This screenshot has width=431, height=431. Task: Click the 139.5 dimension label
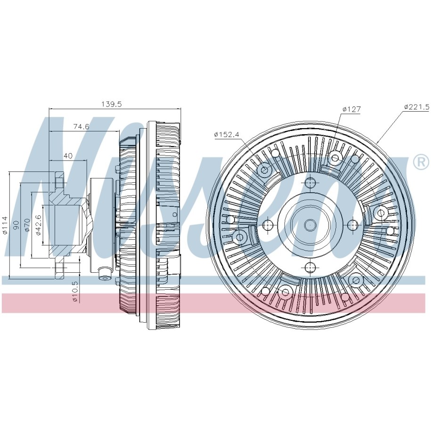tap(111, 104)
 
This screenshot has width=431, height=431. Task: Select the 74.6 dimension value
tap(81, 127)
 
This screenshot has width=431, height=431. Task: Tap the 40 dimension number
tap(68, 156)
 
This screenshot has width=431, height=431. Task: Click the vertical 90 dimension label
tap(17, 225)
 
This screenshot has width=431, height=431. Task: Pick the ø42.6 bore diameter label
tap(39, 225)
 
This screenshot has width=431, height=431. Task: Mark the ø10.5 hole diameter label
tap(75, 291)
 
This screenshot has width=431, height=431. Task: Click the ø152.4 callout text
tap(227, 134)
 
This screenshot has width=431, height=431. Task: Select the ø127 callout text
tap(351, 109)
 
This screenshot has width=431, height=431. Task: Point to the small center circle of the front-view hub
tap(310, 225)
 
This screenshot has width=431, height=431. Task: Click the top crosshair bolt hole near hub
tap(310, 183)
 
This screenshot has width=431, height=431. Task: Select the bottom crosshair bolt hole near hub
tap(310, 267)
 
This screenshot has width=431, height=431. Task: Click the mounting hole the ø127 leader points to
tap(335, 158)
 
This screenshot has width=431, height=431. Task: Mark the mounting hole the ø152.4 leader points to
tap(264, 170)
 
